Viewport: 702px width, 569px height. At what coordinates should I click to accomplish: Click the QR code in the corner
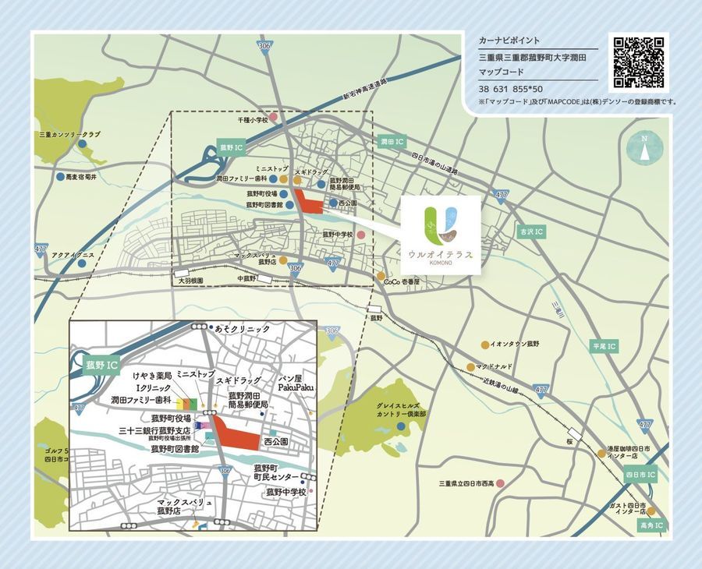point(638,62)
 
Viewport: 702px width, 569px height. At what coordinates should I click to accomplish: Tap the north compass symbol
point(644,148)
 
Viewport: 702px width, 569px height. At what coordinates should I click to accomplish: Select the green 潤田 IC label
point(391,143)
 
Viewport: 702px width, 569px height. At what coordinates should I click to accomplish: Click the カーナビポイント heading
point(509,41)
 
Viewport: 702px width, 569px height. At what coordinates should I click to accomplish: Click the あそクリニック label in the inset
point(242,329)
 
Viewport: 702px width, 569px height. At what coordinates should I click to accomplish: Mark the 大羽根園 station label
point(190,280)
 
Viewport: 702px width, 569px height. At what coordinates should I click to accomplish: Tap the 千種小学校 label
point(253,121)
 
